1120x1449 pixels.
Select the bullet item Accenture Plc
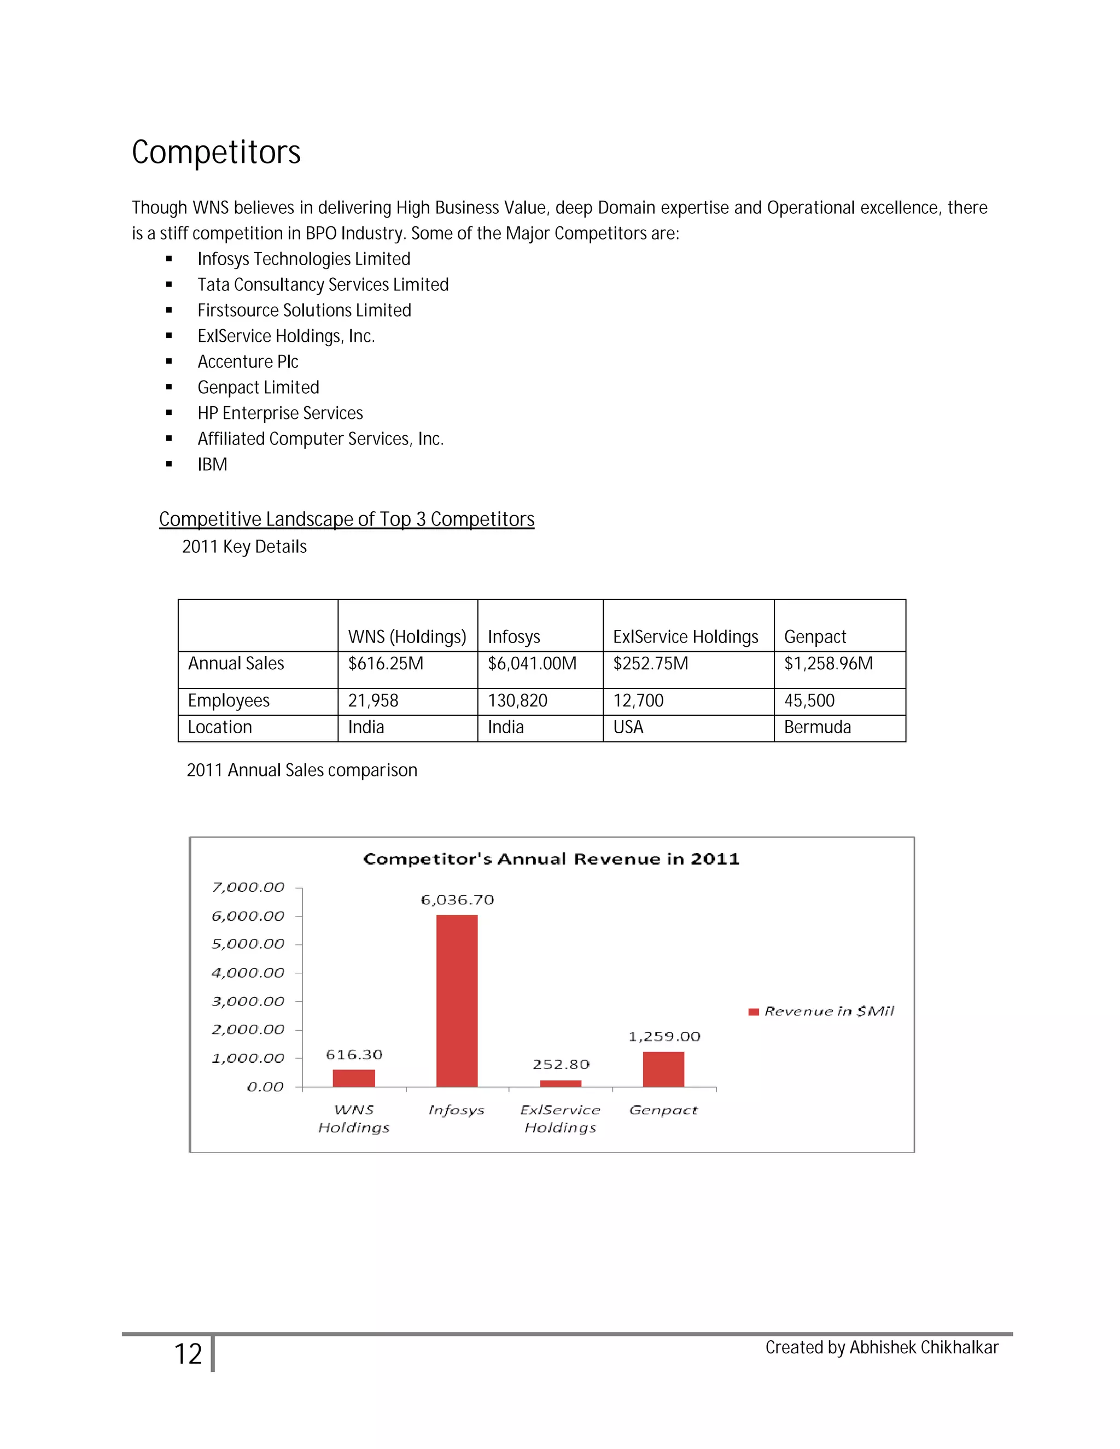(248, 361)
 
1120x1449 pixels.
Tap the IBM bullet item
(212, 464)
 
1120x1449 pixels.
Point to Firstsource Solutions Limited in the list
(304, 311)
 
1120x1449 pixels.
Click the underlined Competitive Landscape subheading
(346, 519)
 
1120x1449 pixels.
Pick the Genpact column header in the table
(815, 637)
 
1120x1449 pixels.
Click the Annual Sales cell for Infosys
(532, 663)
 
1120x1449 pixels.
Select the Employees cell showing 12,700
(638, 700)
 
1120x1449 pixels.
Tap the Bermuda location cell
(818, 727)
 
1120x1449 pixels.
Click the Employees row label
(229, 700)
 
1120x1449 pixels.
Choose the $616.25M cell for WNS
(386, 663)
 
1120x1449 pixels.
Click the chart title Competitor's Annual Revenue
(551, 859)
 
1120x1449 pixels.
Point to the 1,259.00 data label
(664, 1036)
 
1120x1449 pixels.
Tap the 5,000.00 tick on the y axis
(248, 944)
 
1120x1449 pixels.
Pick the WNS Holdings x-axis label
(354, 1119)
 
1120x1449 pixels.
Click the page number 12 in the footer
(188, 1354)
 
